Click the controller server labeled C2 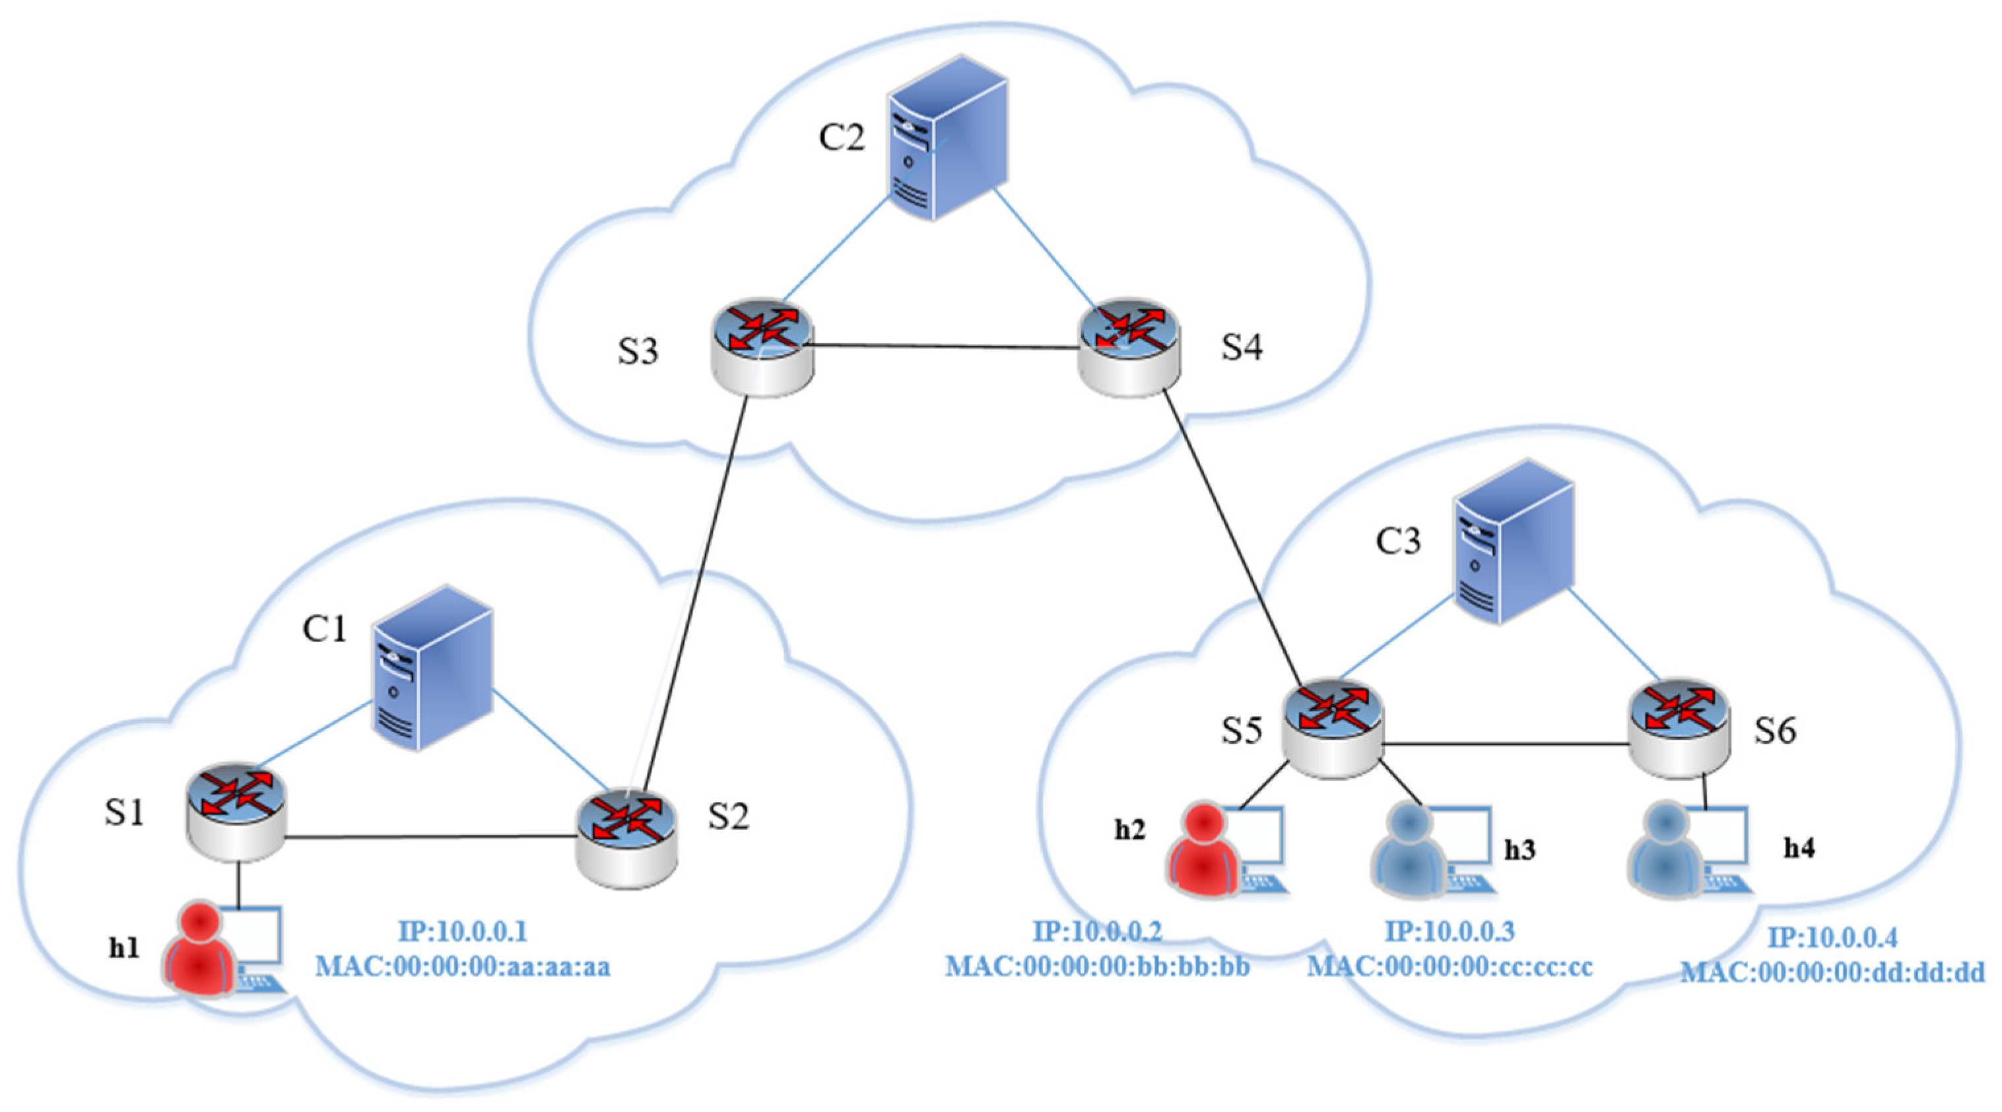(x=948, y=139)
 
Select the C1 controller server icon (x=433, y=669)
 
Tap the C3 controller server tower (x=1514, y=542)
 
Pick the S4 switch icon (x=1130, y=346)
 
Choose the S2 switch (x=626, y=839)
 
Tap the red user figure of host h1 (x=197, y=946)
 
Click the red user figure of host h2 (x=1201, y=851)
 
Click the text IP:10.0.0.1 (x=463, y=931)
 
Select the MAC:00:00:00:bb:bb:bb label (x=1097, y=967)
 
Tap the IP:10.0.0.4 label (x=1832, y=938)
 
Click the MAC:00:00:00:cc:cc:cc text (x=1450, y=967)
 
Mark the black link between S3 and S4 (x=945, y=346)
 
